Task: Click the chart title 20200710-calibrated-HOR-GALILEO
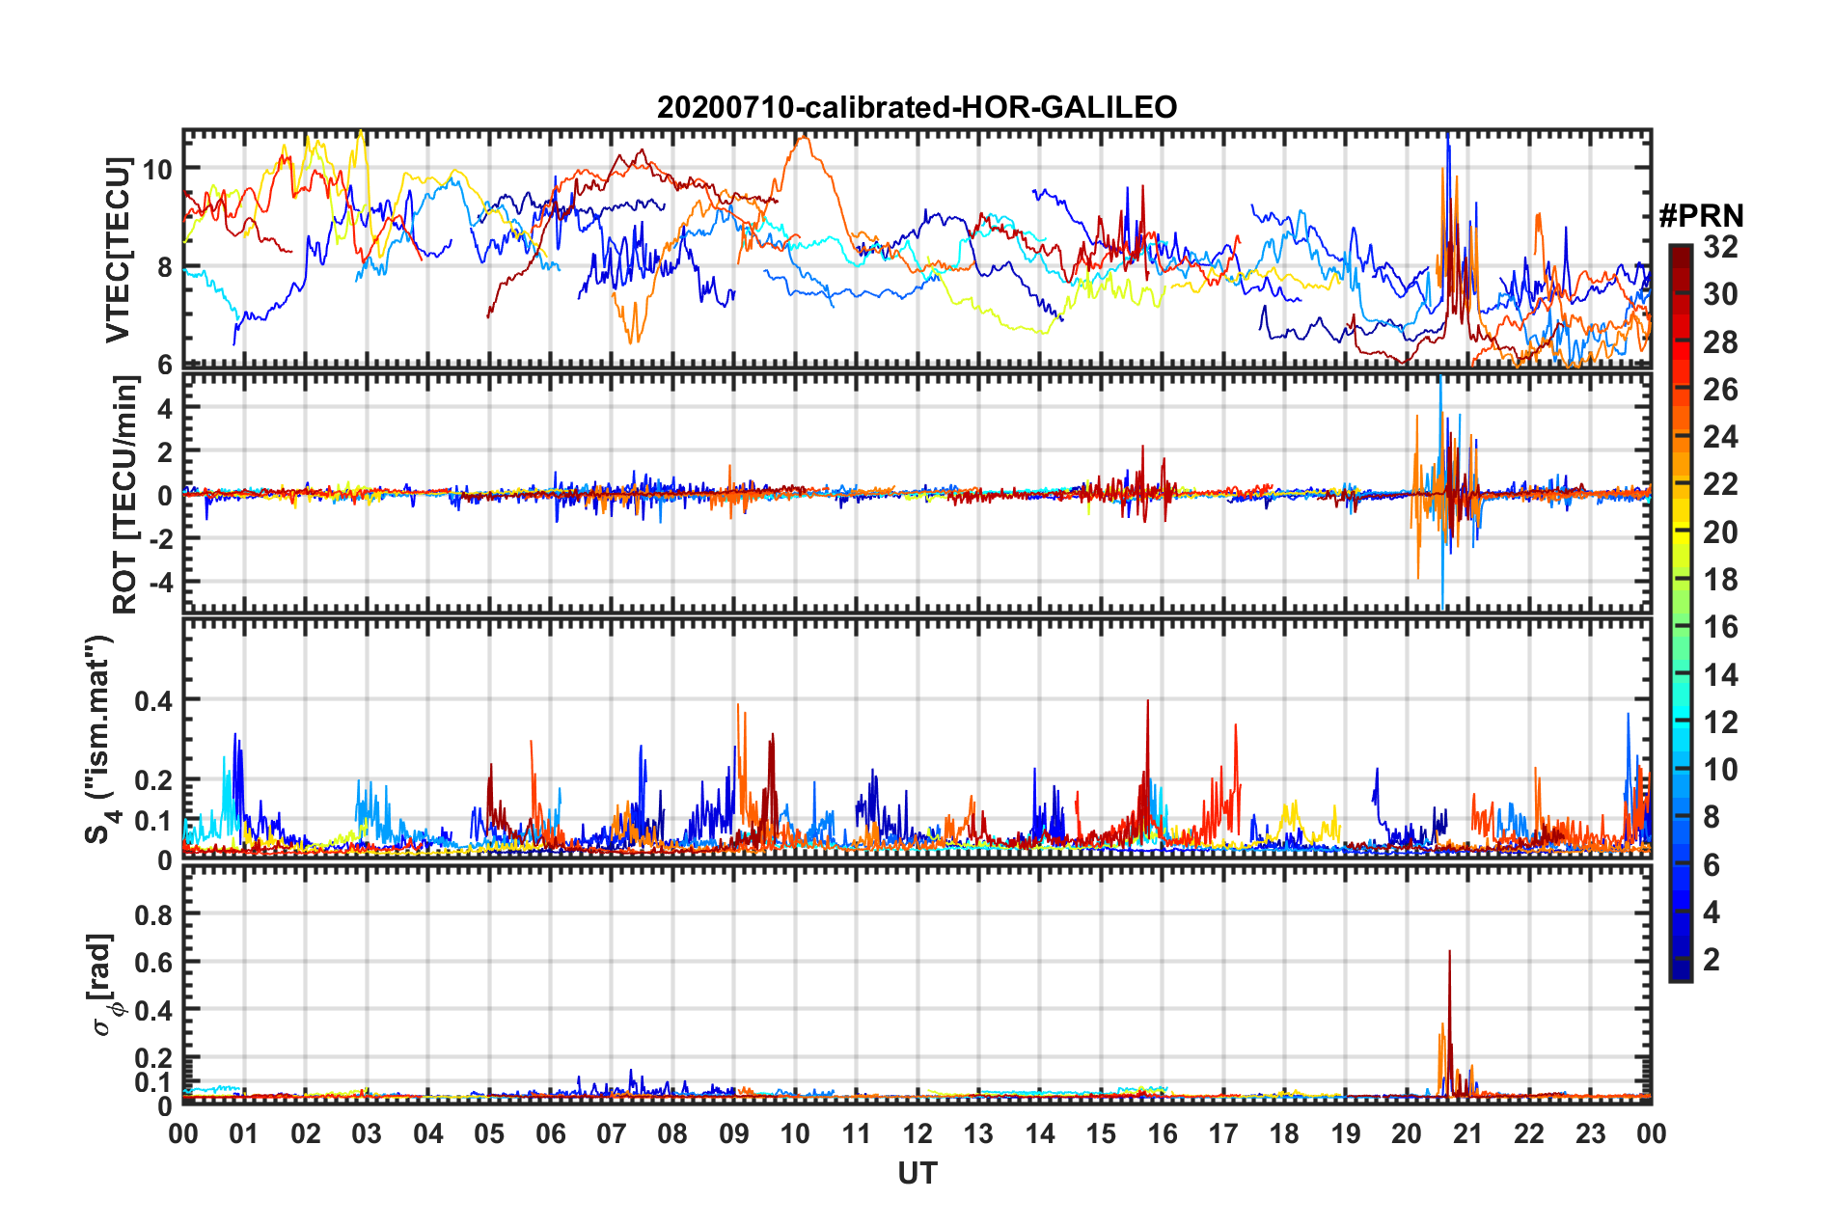917,107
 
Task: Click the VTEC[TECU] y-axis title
118,249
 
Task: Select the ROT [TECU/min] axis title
125,495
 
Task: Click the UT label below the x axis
917,1173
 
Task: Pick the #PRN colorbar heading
1701,216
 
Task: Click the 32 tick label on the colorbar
1720,247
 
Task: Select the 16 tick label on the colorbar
1720,627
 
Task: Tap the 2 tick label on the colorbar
1712,959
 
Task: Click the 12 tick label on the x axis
917,1133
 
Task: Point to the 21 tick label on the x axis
1467,1133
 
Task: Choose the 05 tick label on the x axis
489,1133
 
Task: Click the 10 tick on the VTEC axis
157,170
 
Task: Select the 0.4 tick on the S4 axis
153,700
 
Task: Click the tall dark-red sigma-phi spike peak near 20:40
1449,952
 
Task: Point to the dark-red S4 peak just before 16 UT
1147,701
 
